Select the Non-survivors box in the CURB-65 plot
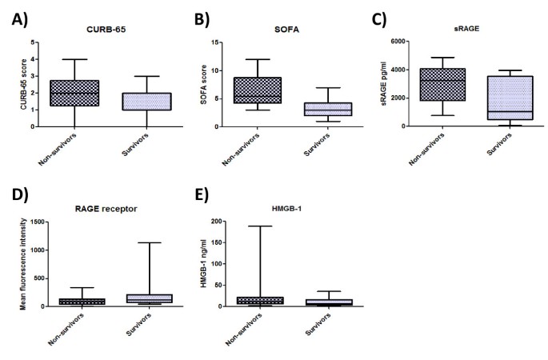coord(74,93)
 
